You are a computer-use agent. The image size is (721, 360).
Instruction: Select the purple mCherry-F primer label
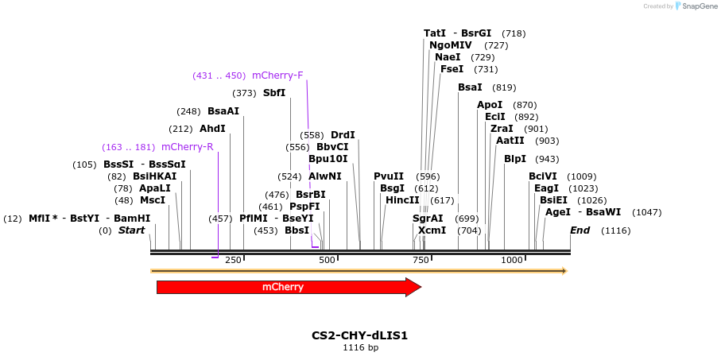pos(277,75)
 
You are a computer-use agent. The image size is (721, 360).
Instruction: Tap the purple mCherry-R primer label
pos(187,147)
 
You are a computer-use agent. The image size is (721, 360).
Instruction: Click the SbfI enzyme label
pos(274,93)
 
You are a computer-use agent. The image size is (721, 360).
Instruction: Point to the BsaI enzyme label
pos(470,87)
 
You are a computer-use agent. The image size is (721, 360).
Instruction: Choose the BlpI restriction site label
pos(515,159)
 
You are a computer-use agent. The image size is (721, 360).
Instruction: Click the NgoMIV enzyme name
pos(451,45)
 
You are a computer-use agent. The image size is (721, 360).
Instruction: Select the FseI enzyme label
pos(452,69)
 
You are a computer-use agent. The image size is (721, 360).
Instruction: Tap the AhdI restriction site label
pos(212,129)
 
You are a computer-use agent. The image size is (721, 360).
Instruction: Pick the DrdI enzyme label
pos(343,135)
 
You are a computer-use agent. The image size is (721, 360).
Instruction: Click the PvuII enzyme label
pos(389,176)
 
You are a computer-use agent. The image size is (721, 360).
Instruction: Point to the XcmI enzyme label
pos(432,230)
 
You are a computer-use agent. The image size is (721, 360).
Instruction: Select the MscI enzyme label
pos(153,200)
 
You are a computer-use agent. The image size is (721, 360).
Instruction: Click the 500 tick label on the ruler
pos(327,260)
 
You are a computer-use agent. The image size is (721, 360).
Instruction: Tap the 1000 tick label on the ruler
pos(513,260)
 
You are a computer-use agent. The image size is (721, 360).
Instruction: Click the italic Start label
pos(132,230)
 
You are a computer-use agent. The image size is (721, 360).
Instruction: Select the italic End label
pos(580,230)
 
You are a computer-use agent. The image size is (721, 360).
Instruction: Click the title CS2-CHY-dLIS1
pos(360,335)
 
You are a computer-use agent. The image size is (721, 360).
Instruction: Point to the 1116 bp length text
pos(360,347)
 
